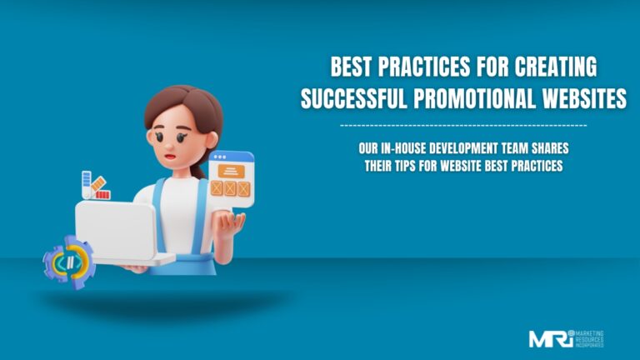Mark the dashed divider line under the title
tap(463, 125)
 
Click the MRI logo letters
tap(551, 338)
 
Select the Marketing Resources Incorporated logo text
tap(590, 338)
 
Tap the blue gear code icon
tap(68, 262)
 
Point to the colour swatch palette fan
tap(93, 186)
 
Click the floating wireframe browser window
tap(231, 175)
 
